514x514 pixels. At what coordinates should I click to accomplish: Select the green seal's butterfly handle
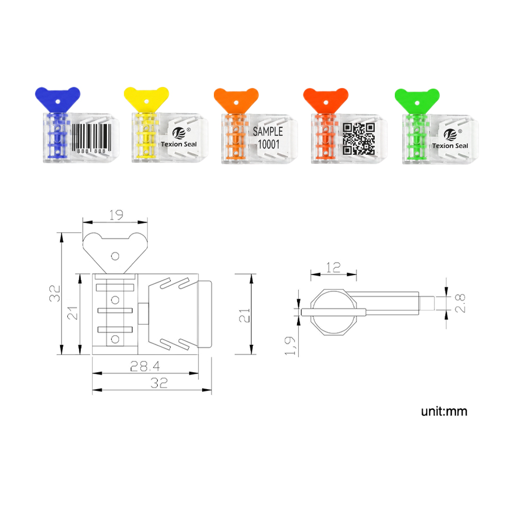pyautogui.click(x=417, y=101)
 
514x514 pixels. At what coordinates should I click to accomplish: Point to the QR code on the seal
pyautogui.click(x=359, y=139)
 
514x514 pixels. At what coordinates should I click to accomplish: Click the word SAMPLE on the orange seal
pyautogui.click(x=268, y=132)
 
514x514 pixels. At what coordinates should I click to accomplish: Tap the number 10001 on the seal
pyautogui.click(x=268, y=144)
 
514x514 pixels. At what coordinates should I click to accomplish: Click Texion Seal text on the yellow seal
pyautogui.click(x=179, y=144)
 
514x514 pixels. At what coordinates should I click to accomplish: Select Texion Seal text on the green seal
pyautogui.click(x=450, y=146)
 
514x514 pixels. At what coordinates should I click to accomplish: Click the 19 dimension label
pyautogui.click(x=116, y=215)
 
